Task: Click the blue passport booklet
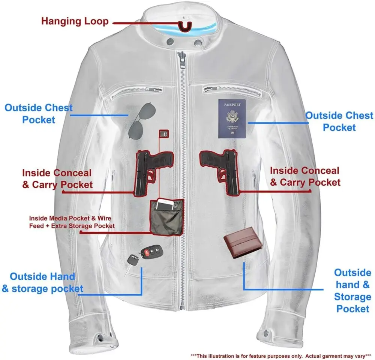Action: coord(232,118)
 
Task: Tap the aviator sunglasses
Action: coord(142,120)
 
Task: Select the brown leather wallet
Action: coord(243,243)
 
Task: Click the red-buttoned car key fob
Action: coord(151,252)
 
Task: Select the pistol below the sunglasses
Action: coord(153,173)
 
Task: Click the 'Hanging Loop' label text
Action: coord(75,21)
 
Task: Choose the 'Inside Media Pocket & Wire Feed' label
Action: coord(72,222)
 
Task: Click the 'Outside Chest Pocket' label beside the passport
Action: coord(339,121)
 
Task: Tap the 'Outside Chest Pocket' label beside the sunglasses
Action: coord(39,114)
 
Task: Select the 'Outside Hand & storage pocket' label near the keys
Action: coord(43,282)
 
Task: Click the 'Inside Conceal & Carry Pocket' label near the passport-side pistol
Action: coord(305,177)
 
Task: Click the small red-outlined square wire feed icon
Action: coord(164,134)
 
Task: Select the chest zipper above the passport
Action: coord(232,91)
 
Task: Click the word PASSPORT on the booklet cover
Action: coord(232,105)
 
